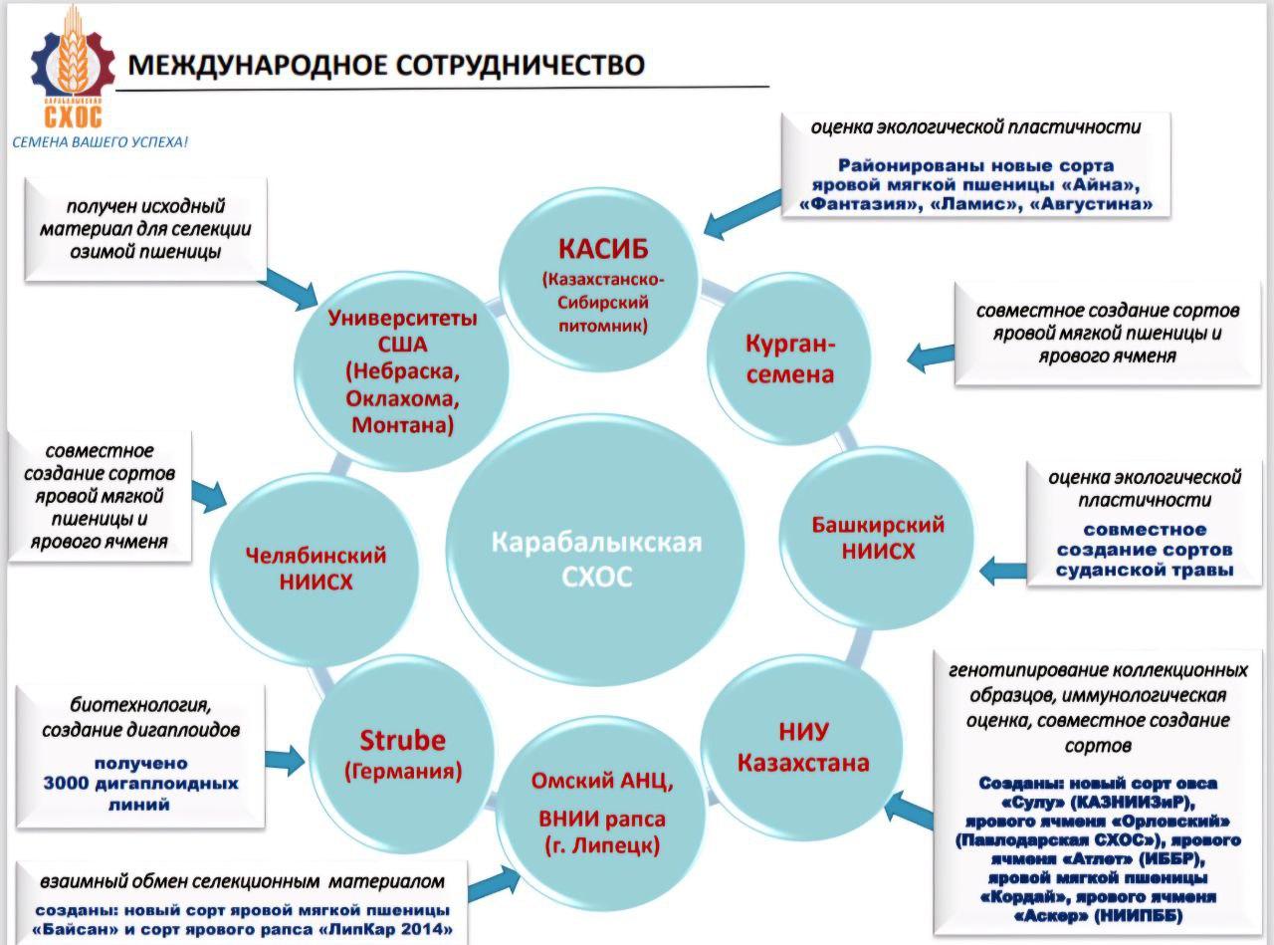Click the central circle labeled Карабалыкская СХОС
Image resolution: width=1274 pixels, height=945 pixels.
[595, 558]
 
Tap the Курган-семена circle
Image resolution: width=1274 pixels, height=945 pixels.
[790, 358]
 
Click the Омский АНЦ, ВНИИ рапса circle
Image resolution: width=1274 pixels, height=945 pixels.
[602, 812]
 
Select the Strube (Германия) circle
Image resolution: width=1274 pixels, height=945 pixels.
[402, 753]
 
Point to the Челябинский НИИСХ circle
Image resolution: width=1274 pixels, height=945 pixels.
[316, 568]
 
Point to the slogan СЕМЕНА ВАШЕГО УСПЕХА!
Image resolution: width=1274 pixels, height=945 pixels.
[100, 142]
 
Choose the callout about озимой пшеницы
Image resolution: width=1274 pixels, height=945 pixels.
[145, 229]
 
